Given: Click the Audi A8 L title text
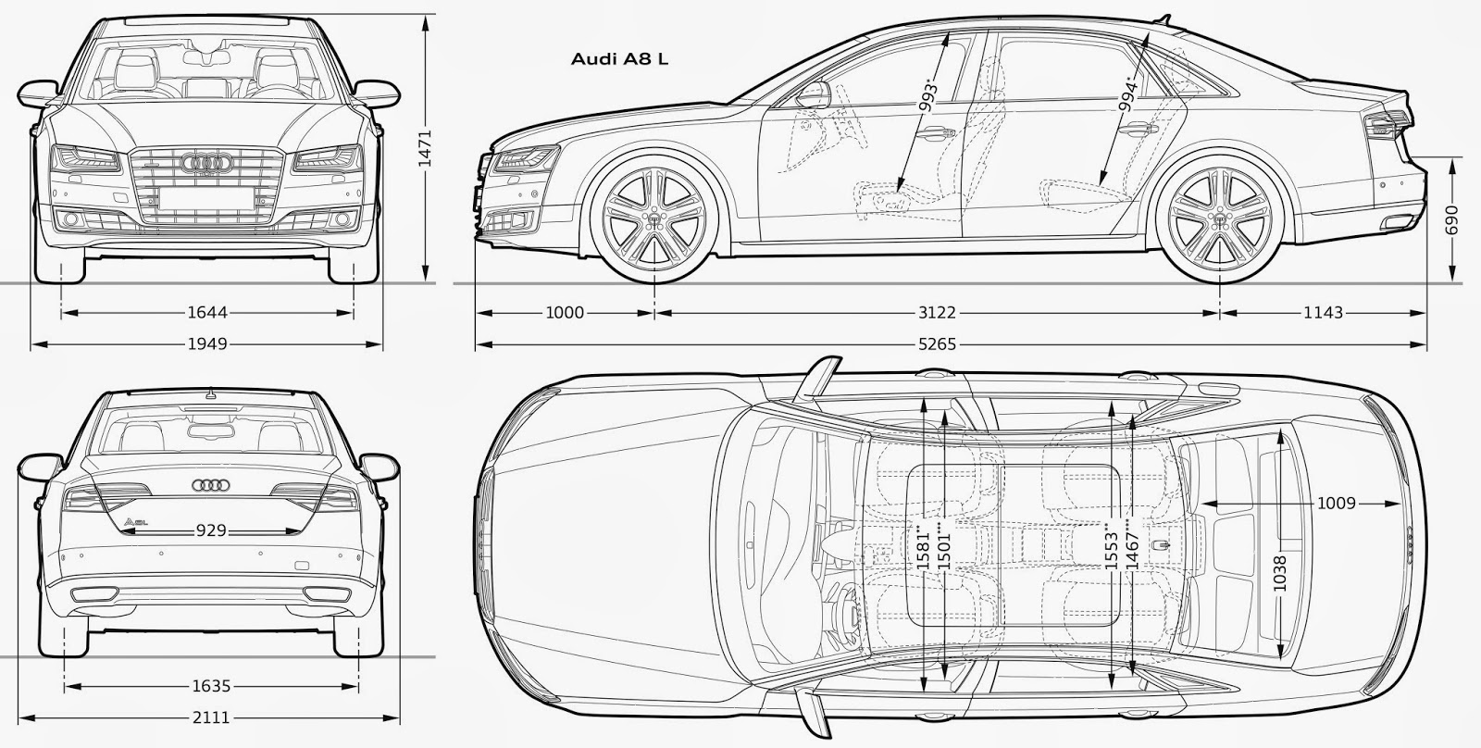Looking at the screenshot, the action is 619,59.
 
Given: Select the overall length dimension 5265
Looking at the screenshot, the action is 939,344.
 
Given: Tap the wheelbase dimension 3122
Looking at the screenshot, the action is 937,313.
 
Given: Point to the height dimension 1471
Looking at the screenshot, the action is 424,146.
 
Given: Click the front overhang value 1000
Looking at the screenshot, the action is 565,313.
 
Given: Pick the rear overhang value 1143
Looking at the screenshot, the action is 1323,313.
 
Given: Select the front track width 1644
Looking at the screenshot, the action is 206,313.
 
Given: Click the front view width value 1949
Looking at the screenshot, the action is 206,344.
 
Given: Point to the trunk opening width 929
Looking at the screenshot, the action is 210,531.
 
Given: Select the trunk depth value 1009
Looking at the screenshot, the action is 1336,504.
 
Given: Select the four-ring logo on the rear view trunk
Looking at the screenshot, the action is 210,484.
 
